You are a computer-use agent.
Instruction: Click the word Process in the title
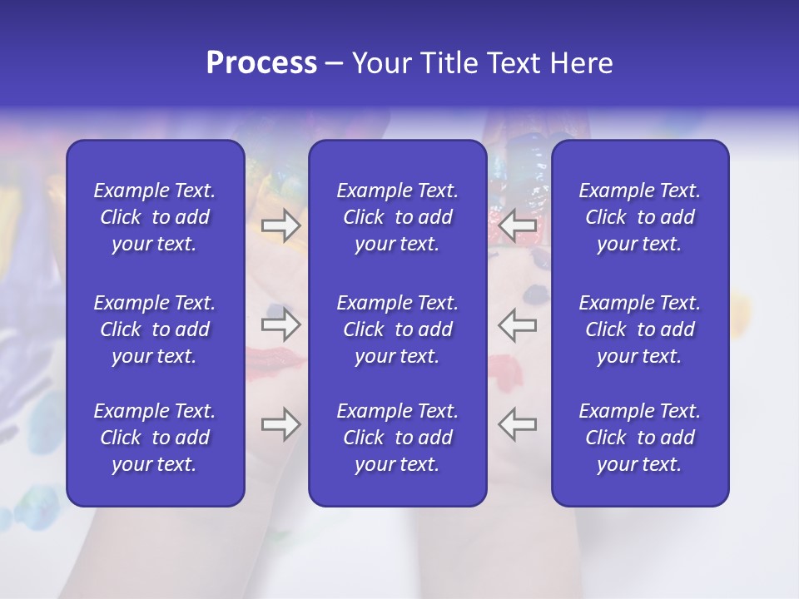[261, 63]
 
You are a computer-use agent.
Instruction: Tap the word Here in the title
[580, 63]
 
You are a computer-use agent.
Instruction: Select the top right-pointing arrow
[281, 225]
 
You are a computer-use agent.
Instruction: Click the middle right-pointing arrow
[281, 324]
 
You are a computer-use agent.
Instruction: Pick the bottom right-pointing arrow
[281, 424]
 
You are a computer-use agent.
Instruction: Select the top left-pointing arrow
[517, 225]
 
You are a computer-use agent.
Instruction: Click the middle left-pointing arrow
[517, 324]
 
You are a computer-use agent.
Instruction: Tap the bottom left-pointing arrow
[517, 424]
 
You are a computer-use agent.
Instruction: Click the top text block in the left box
[155, 217]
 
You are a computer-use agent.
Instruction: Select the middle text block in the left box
[155, 329]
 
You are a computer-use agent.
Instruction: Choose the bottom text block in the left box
[155, 438]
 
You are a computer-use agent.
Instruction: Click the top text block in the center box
[398, 217]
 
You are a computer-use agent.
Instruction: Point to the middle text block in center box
[398, 329]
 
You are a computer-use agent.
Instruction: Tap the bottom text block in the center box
[398, 438]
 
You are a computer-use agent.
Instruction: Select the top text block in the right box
[640, 217]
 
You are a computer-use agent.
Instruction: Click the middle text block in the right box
[640, 329]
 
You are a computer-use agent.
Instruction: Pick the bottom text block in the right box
[640, 438]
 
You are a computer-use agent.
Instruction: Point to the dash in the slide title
[334, 64]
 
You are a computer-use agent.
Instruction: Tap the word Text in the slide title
[512, 63]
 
